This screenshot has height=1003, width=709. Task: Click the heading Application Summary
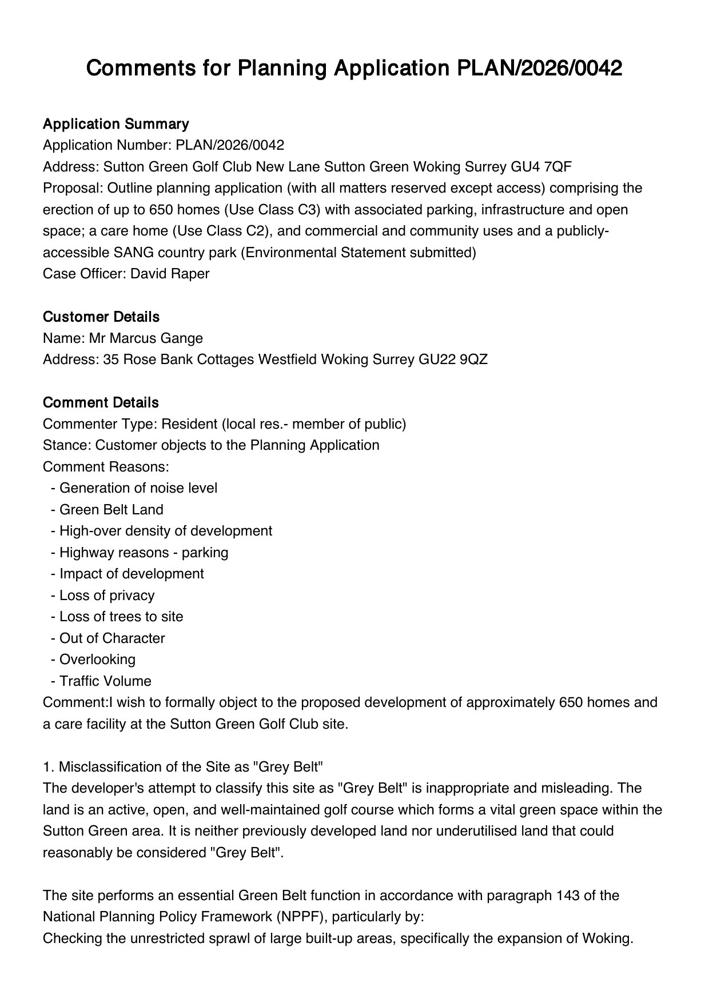(115, 124)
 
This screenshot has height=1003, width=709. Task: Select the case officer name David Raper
(170, 274)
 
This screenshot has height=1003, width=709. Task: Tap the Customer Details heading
(101, 317)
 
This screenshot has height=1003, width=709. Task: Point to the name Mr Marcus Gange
(146, 338)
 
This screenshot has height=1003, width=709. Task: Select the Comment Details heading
(101, 402)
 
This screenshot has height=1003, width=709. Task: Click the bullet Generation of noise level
(138, 488)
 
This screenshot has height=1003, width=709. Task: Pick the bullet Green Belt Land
(111, 510)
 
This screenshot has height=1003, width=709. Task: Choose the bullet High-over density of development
(165, 531)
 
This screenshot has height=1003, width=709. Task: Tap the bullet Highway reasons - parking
(144, 553)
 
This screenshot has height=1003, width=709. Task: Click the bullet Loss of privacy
(106, 596)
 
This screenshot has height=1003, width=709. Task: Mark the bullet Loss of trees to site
(121, 617)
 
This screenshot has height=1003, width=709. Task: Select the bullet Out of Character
(112, 638)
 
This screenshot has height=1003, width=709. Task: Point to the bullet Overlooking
(97, 660)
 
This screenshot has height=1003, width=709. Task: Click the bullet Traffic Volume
(105, 681)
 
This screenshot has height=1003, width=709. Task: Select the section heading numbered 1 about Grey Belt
(184, 767)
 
